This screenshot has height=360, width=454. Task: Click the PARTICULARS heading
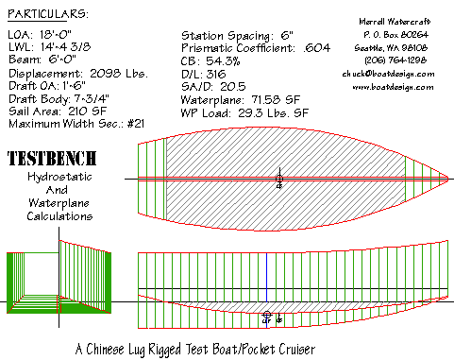[x=48, y=14]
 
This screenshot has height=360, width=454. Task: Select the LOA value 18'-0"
[x=56, y=34]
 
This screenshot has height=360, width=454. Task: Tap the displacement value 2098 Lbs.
[x=119, y=74]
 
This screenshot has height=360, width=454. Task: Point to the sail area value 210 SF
[x=87, y=111]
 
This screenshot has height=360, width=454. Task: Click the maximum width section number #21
[x=136, y=124]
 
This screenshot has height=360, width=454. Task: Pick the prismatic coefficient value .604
[x=317, y=48]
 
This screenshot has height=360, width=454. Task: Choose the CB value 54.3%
[x=223, y=61]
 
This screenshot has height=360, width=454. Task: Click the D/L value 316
[x=216, y=74]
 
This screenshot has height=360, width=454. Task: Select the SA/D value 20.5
[x=233, y=87]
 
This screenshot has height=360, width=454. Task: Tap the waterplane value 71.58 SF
[x=276, y=100]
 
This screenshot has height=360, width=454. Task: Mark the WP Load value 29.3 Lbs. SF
[x=273, y=112]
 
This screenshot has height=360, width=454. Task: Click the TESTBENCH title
[x=52, y=159]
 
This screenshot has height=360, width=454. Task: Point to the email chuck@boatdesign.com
[x=388, y=74]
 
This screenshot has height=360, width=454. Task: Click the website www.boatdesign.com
[x=393, y=87]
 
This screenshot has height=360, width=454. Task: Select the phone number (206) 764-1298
[x=395, y=60]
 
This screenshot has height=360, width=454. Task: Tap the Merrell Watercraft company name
[x=395, y=22]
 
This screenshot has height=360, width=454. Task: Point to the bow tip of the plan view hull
[x=448, y=179]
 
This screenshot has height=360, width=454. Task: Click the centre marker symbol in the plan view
[x=279, y=179]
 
